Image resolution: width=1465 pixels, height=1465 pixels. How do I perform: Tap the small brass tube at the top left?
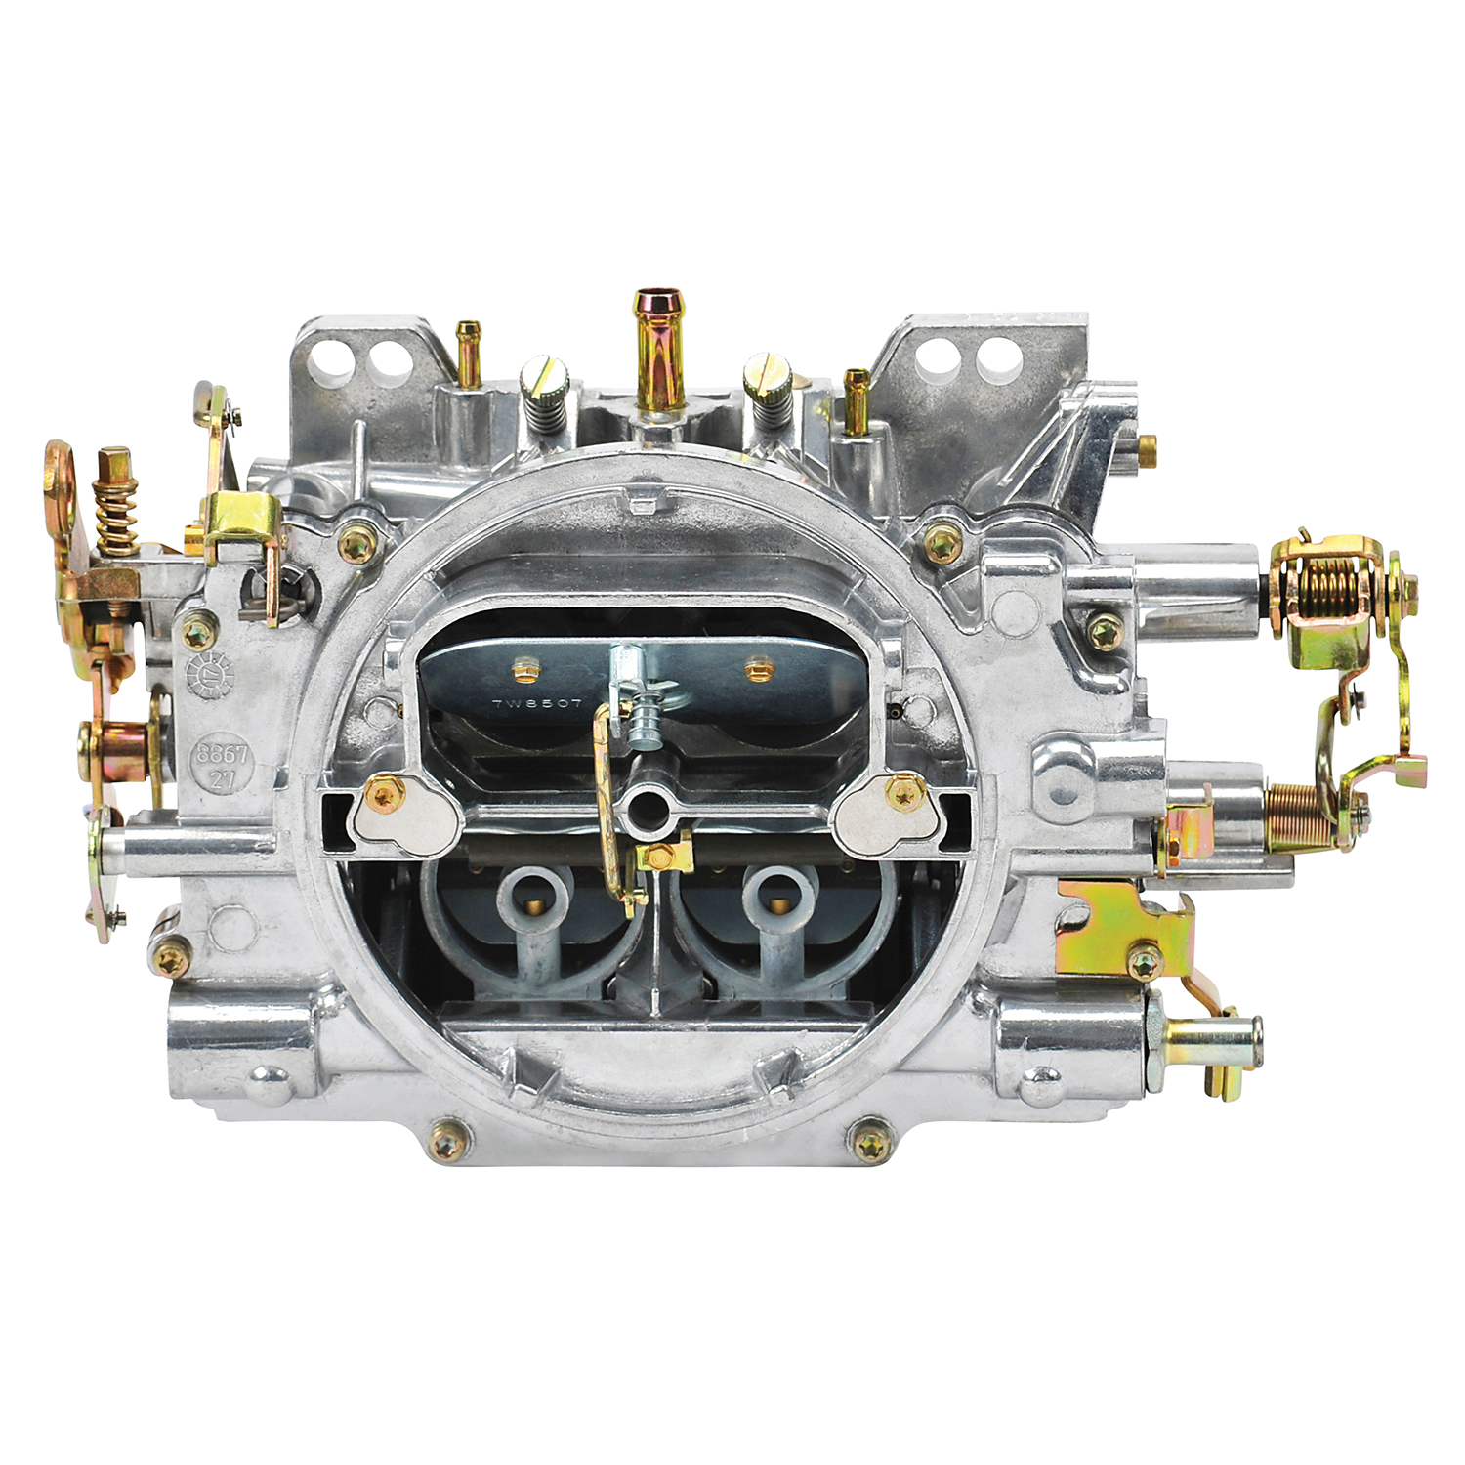(469, 352)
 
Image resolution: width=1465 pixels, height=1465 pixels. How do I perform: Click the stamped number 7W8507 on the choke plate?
(536, 703)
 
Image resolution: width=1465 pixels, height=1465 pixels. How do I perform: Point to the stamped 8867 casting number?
(223, 755)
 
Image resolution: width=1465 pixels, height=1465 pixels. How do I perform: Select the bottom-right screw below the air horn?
(871, 1139)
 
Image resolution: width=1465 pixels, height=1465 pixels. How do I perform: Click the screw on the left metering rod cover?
(383, 796)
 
